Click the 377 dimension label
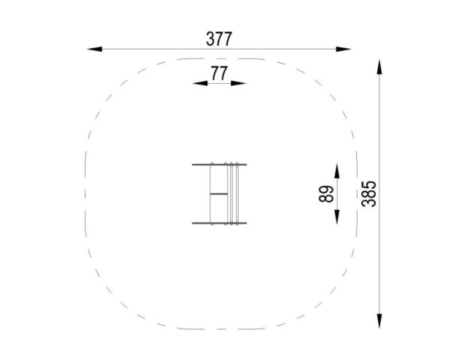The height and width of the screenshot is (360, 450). point(219,39)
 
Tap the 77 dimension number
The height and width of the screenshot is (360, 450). point(219,73)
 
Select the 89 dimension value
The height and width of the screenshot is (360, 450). point(326,194)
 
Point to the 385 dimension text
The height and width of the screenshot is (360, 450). point(369,194)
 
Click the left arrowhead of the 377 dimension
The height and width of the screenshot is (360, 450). point(94,49)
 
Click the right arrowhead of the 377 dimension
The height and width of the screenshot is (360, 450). point(343,49)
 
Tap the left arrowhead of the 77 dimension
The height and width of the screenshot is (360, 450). point(200,83)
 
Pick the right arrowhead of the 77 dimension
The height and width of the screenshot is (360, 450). point(238,83)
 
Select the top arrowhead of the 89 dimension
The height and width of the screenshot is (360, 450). point(337,171)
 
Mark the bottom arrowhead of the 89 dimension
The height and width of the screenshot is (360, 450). point(337,217)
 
